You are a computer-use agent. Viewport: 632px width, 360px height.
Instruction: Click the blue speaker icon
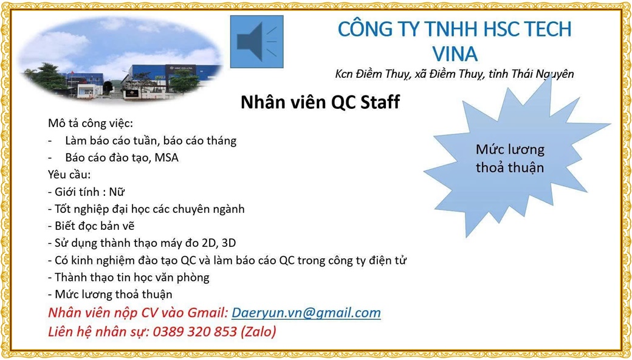click(x=256, y=41)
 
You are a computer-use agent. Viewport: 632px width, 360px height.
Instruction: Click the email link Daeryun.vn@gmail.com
click(x=306, y=313)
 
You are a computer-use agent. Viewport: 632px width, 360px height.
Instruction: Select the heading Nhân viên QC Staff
click(x=320, y=102)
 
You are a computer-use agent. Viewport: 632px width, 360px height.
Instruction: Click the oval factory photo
click(x=120, y=60)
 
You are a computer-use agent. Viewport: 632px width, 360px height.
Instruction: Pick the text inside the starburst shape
click(x=510, y=159)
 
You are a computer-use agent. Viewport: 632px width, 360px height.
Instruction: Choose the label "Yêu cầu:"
click(x=69, y=175)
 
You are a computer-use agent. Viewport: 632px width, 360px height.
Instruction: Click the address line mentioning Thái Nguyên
click(x=455, y=75)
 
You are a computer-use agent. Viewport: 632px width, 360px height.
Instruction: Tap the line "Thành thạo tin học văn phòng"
click(x=129, y=278)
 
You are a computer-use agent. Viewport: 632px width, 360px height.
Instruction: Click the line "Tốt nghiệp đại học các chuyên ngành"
click(x=146, y=209)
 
